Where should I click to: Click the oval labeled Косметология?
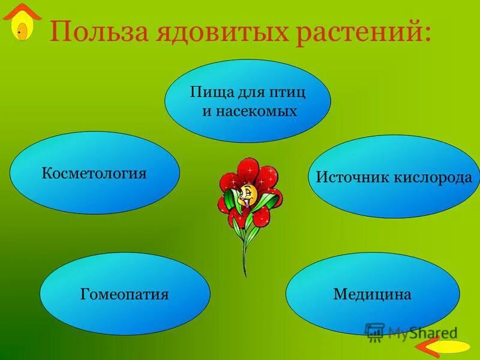tap(94, 174)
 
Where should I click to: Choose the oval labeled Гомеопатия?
tap(125, 294)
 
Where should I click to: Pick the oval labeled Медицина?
tap(372, 294)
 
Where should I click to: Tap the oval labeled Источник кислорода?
tap(394, 177)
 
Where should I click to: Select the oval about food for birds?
tap(247, 101)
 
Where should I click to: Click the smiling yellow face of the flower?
tap(248, 194)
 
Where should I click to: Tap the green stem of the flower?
tap(245, 252)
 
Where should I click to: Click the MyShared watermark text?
tap(422, 332)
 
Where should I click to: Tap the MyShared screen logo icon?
tap(374, 332)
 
